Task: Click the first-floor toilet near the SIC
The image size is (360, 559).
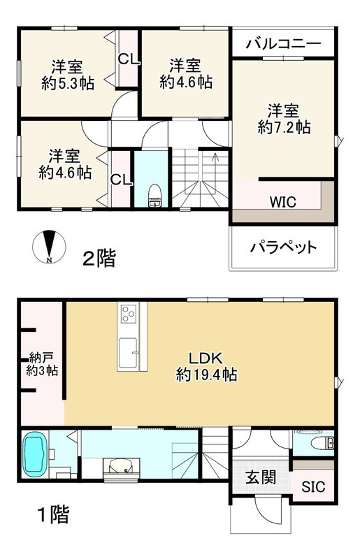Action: click(x=322, y=442)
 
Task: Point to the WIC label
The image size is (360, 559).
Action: click(x=282, y=202)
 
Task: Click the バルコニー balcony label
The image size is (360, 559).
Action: click(x=283, y=43)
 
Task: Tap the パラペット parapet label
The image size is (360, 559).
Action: click(x=283, y=247)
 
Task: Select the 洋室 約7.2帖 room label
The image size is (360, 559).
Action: click(x=284, y=119)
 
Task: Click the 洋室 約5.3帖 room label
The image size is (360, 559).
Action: click(x=67, y=74)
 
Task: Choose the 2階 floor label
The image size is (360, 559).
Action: click(x=99, y=259)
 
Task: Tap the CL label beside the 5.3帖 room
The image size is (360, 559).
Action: click(x=128, y=59)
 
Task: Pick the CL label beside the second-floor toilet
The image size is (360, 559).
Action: click(x=120, y=180)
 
